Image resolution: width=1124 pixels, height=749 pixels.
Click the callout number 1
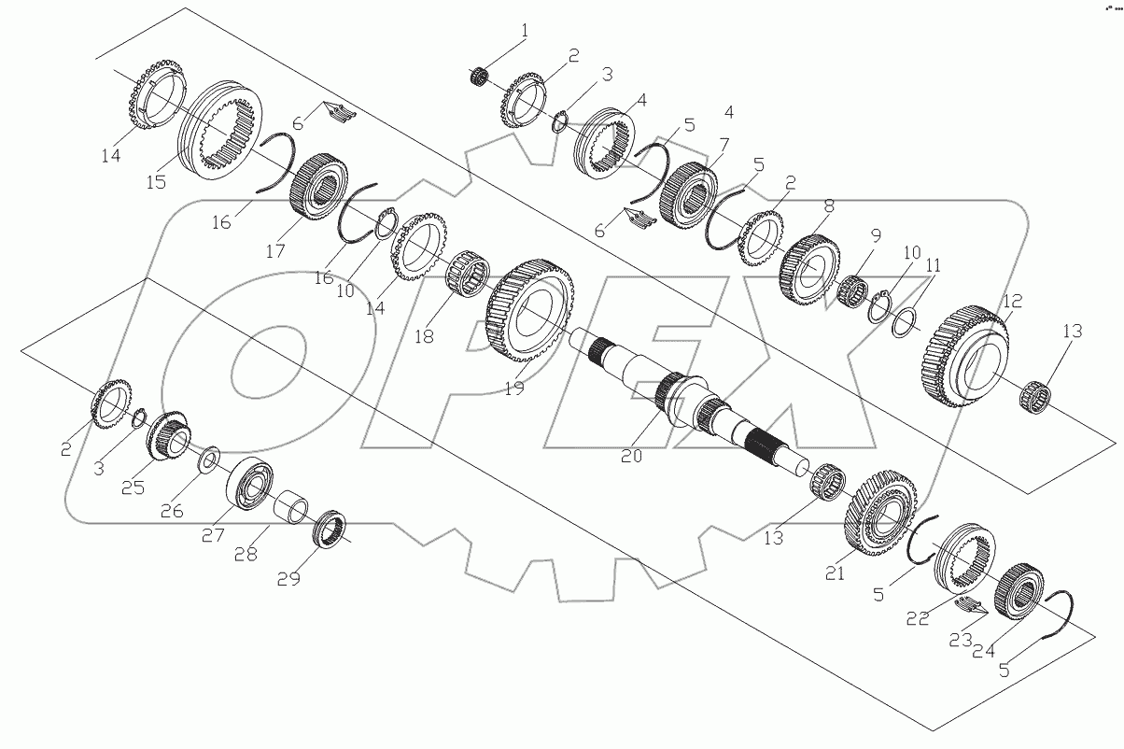pos(524,31)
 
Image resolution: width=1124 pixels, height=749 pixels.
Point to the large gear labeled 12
pos(968,355)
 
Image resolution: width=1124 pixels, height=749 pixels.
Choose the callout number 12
pos(1012,301)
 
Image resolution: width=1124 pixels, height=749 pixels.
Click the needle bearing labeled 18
pos(465,276)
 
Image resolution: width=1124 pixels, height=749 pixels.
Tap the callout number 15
pos(156,181)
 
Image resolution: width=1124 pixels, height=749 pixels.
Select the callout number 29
pos(288,579)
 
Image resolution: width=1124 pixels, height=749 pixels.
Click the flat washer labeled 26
pos(208,459)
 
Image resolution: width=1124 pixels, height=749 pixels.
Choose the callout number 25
pos(133,488)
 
